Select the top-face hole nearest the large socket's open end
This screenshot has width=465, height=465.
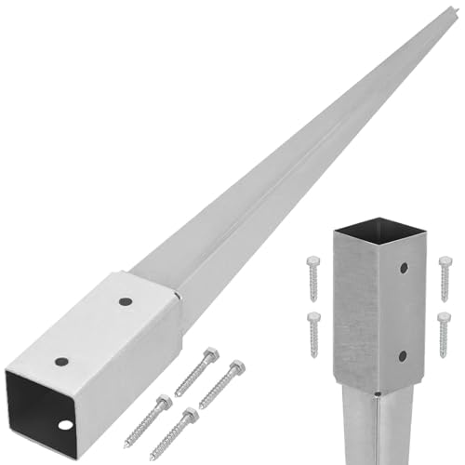(x=61, y=361)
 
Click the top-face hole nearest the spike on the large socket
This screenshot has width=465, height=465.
(x=125, y=302)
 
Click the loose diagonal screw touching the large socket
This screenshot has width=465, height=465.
(x=195, y=371)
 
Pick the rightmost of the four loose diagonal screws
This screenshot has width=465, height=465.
(x=221, y=383)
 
